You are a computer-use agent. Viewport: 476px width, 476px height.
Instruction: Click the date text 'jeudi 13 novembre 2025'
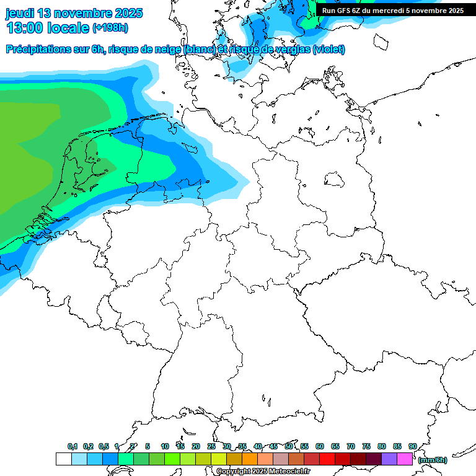point(74,13)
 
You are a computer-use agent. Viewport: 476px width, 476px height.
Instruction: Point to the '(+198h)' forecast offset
point(110,28)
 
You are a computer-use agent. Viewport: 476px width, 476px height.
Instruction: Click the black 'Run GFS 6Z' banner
point(392,11)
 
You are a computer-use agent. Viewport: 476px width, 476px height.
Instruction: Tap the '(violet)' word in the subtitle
point(329,50)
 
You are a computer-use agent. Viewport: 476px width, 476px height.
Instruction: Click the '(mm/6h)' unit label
point(433,460)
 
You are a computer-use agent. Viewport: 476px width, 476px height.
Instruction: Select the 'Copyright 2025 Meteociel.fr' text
point(263,472)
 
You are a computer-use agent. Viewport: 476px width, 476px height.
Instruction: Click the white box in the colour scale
point(63,459)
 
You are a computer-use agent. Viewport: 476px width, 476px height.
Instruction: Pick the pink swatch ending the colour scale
point(405,459)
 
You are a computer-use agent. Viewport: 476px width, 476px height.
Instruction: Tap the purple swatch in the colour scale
point(389,459)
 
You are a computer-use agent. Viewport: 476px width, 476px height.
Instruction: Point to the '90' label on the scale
point(413,446)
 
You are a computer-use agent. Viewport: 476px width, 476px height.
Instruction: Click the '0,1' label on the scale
point(73,446)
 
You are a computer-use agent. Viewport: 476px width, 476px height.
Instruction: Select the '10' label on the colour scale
point(165,446)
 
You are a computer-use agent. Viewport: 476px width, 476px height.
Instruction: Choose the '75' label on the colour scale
point(366,446)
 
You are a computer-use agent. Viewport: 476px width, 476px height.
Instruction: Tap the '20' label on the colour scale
point(196,446)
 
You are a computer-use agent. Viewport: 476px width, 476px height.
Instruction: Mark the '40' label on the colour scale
point(258,446)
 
